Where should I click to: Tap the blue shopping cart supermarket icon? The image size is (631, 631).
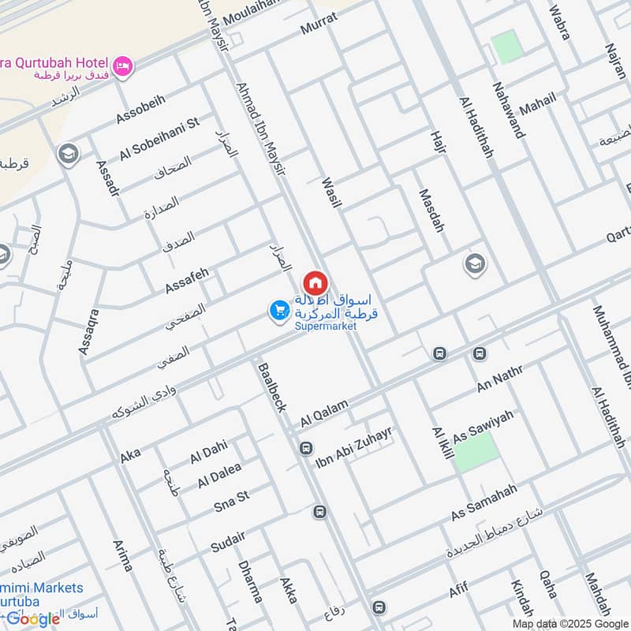coord(278,311)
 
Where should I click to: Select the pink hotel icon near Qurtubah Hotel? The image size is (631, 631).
coord(122,65)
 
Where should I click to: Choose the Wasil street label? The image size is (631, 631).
coord(331,193)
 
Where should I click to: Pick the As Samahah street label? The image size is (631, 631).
coord(484,502)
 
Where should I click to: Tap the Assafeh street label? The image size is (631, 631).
coord(187,279)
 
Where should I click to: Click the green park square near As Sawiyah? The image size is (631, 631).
coord(477,451)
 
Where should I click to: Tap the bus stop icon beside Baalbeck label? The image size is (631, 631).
coord(306,448)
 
